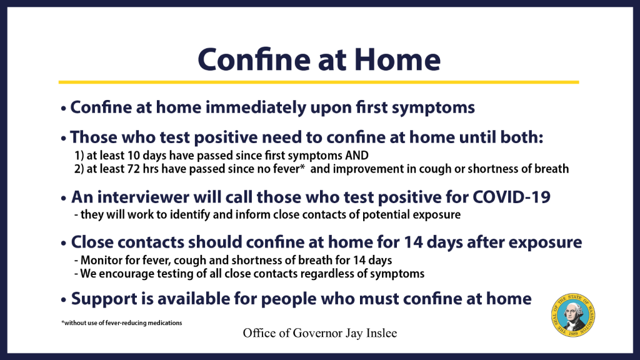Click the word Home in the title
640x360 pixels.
pyautogui.click(x=397, y=60)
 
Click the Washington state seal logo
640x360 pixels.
pyautogui.click(x=573, y=315)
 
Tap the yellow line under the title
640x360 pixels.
pyautogui.click(x=319, y=82)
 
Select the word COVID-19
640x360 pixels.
pyautogui.click(x=511, y=197)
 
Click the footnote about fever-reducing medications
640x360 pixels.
pyautogui.click(x=122, y=323)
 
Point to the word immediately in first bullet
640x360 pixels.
pyautogui.click(x=256, y=107)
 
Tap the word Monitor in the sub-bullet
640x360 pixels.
pyautogui.click(x=98, y=261)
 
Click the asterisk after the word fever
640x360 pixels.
pyautogui.click(x=302, y=167)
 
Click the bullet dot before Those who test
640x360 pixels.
pyautogui.click(x=63, y=139)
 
